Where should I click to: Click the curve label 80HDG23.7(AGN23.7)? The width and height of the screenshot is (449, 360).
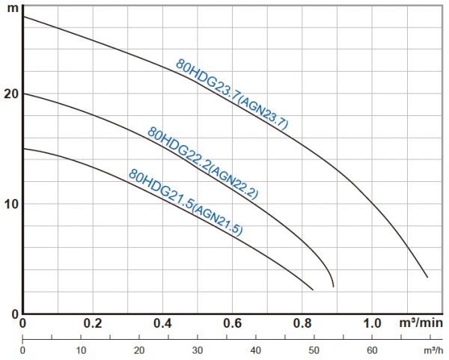pos(232,95)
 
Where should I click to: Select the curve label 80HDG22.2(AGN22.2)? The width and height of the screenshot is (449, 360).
pos(203,163)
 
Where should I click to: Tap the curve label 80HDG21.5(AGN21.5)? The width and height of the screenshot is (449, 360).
pos(186,203)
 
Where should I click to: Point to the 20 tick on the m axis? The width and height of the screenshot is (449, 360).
pos(10,94)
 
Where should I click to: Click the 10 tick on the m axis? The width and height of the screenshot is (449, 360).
pos(10,204)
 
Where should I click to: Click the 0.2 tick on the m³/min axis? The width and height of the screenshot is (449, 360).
pos(93,323)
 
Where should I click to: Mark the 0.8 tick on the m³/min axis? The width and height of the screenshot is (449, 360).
pos(302,323)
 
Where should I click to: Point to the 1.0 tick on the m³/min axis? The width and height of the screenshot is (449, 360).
pos(372,323)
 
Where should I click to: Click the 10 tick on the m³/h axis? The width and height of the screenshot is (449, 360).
pos(81,350)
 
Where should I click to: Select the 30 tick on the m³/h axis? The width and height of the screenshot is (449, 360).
pos(198,350)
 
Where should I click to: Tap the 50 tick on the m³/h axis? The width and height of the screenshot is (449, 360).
pos(314,350)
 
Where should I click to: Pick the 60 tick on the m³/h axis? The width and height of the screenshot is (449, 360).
pos(372,350)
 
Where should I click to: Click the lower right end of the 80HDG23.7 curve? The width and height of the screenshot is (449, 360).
pos(427,278)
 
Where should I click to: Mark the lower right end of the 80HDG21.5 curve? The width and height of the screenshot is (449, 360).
pos(312,290)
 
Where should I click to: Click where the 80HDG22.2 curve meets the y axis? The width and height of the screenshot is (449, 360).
pos(23,94)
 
